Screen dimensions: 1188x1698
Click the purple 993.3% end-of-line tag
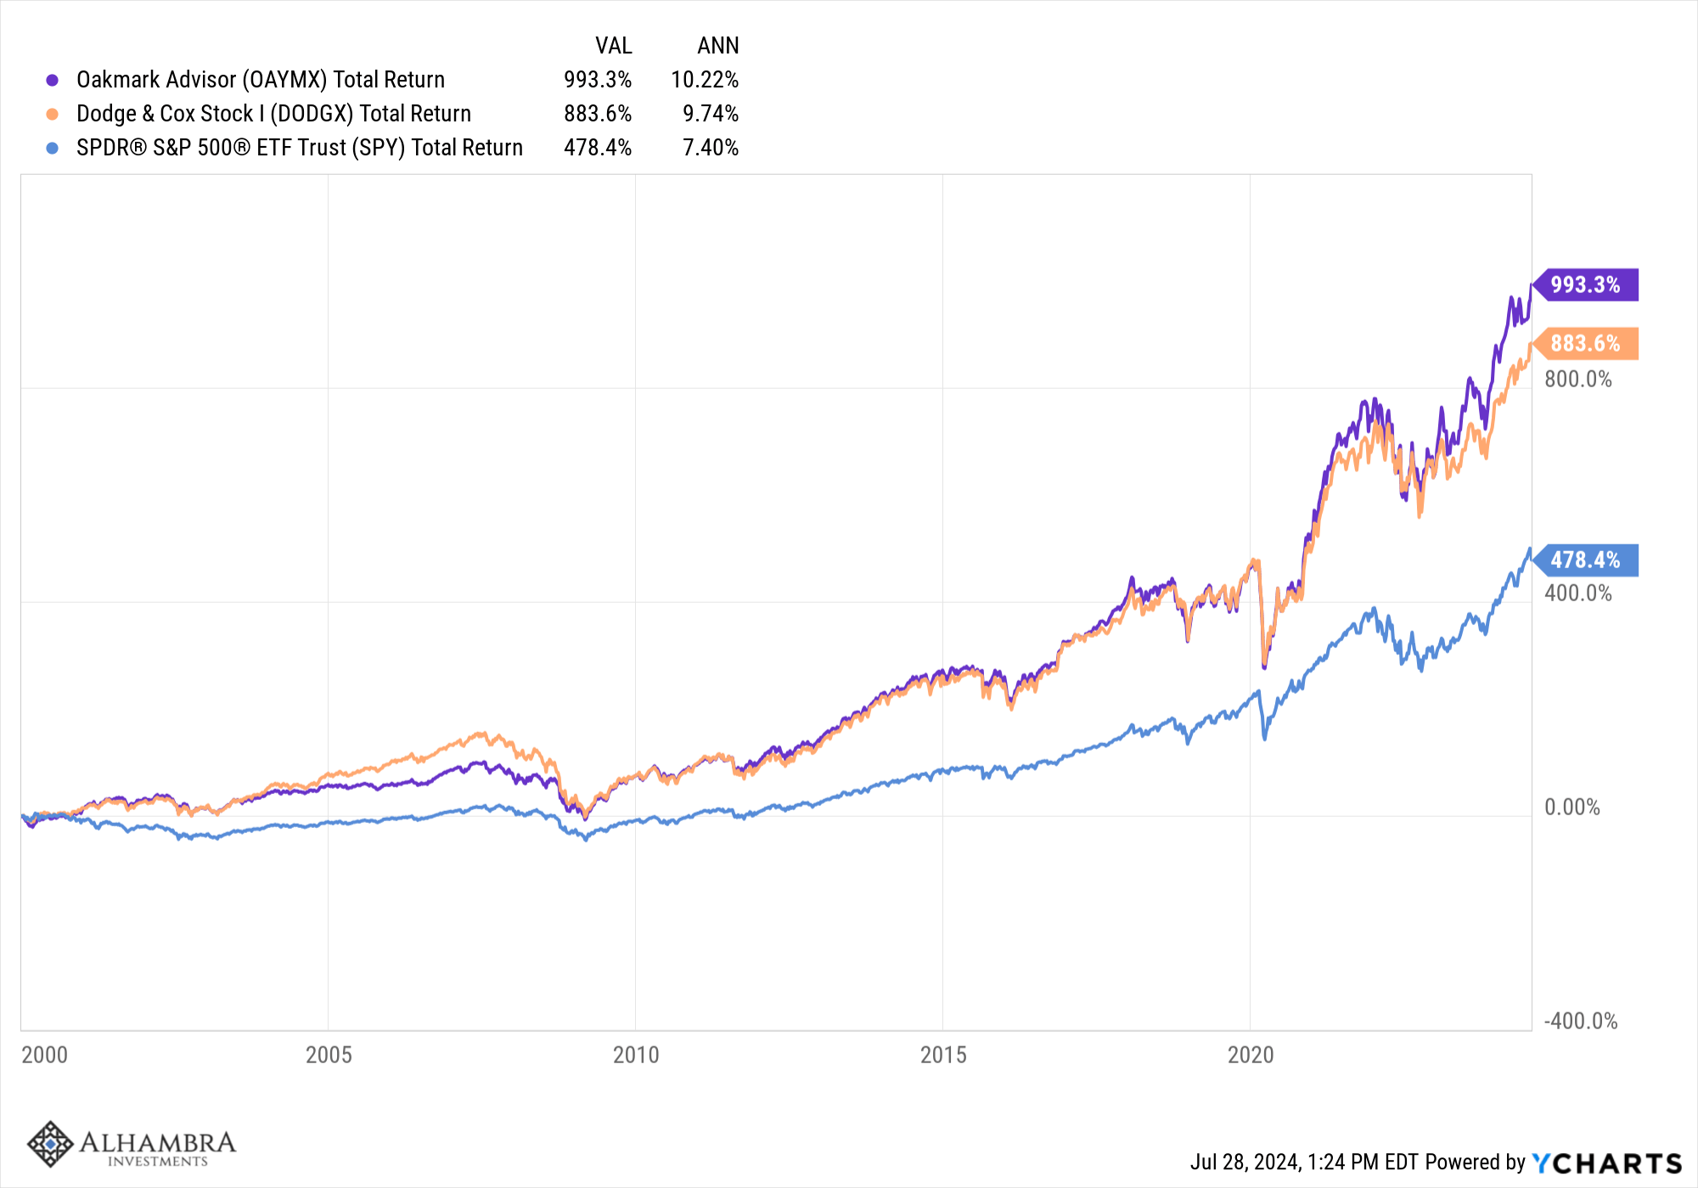[x=1585, y=284]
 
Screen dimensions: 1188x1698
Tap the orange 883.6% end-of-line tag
[x=1585, y=344]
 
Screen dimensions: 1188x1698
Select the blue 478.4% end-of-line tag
[x=1585, y=560]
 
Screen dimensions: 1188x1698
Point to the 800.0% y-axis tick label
[x=1577, y=379]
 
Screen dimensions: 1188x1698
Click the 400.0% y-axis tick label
[x=1577, y=593]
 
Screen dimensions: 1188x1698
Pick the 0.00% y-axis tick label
[x=1571, y=807]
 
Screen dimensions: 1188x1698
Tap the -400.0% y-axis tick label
[x=1580, y=1021]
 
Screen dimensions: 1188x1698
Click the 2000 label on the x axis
[x=44, y=1055]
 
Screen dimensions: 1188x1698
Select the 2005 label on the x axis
[x=329, y=1055]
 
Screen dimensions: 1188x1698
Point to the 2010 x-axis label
[x=636, y=1055]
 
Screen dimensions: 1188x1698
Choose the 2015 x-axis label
[x=943, y=1055]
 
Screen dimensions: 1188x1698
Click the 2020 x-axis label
[x=1251, y=1055]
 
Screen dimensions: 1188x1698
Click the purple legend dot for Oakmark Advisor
[x=53, y=80]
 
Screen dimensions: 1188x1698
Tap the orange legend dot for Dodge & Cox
[x=53, y=114]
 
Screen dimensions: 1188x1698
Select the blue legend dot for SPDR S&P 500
[x=53, y=148]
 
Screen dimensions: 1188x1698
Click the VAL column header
[x=613, y=46]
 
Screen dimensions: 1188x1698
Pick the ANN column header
[x=717, y=46]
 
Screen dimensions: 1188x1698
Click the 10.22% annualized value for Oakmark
[x=705, y=80]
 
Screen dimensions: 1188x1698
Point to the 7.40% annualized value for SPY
[x=711, y=148]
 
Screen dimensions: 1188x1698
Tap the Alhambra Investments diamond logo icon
[x=50, y=1143]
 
